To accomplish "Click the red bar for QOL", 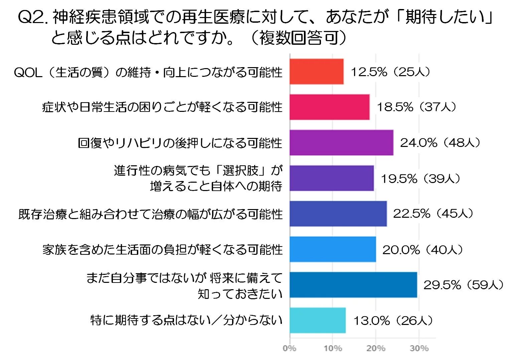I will [x=316, y=71].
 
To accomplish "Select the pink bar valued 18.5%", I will [x=329, y=107].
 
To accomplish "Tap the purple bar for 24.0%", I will [x=341, y=143].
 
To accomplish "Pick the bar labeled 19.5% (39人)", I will [x=332, y=178].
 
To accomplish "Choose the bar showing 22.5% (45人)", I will [x=338, y=214].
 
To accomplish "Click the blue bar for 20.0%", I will [x=333, y=249].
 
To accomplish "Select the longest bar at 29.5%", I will [x=353, y=285].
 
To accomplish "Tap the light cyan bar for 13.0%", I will [x=317, y=320].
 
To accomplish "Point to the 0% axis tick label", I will [x=289, y=348].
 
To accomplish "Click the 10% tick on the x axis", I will [x=332, y=348].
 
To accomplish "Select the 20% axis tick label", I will [x=376, y=348].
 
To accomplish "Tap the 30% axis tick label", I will [x=419, y=348].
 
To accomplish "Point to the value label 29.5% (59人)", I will [x=463, y=285].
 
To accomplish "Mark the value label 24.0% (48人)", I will [x=440, y=143].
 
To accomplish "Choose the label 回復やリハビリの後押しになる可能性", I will [x=180, y=143].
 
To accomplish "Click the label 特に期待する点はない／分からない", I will [x=186, y=320].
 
